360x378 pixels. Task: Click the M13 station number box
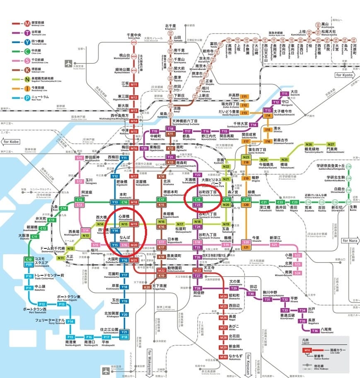pos(134,111)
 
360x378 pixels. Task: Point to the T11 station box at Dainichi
pos(285,94)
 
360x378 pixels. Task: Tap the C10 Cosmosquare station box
pos(29,260)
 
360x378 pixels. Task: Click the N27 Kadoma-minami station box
pos(331,144)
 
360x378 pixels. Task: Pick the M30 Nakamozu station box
pos(224,356)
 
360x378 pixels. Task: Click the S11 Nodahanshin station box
pos(80,158)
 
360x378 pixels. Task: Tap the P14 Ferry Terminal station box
pos(70,321)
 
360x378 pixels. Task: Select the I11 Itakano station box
pos(244,96)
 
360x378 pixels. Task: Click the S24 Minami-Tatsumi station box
pos(297,272)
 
